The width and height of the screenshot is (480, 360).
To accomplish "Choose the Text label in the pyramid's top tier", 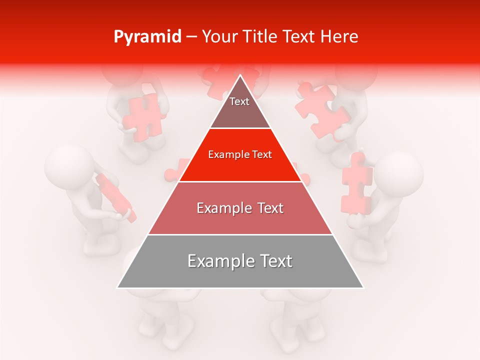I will point(239,101).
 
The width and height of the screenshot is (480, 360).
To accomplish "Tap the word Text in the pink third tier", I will point(267,208).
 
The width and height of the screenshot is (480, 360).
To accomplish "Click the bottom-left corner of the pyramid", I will point(117,287).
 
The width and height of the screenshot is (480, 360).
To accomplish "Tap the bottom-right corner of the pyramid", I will point(363,287).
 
